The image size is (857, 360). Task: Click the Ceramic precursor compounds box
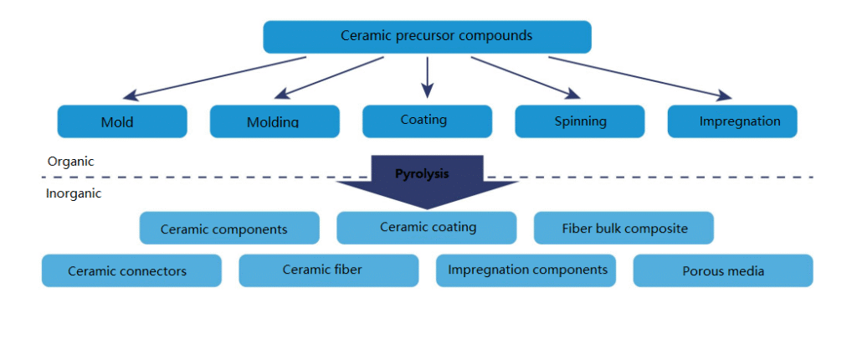coord(427,37)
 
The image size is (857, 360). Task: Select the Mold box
coord(121,121)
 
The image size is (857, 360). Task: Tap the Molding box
coord(275,121)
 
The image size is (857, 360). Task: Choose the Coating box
coord(427,121)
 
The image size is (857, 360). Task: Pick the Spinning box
coord(579,121)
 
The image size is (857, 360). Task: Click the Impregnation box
coord(732,121)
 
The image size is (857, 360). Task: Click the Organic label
coord(70,162)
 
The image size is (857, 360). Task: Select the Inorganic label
coord(74,193)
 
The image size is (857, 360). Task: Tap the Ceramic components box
coord(229,229)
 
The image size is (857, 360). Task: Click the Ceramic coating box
coord(427,227)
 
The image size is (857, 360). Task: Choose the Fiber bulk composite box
coord(624,228)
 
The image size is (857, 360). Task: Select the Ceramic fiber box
coord(328,270)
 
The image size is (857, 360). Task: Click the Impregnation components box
coord(526,270)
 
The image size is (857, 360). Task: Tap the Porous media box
coord(723,270)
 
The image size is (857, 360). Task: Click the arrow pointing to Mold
coord(218,77)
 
